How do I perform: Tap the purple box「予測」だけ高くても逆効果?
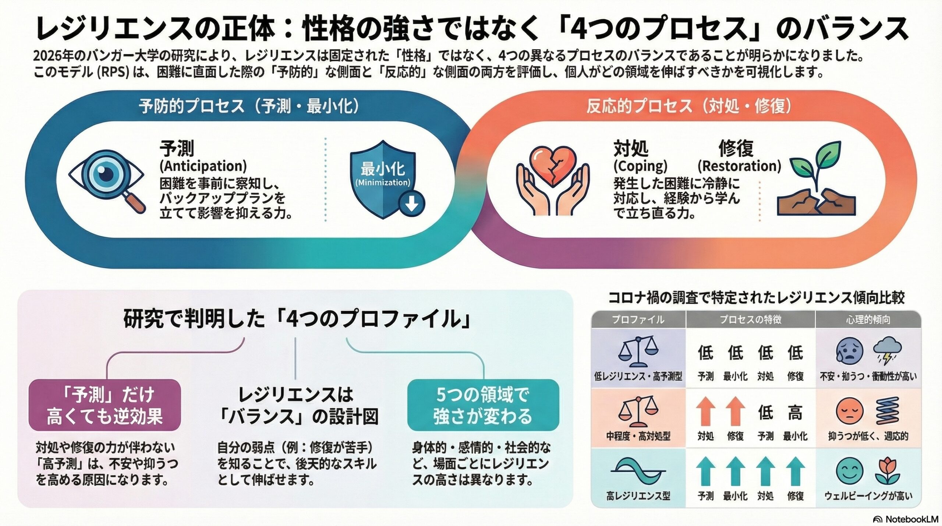(105, 405)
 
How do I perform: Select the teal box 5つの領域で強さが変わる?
(483, 405)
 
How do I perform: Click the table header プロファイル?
(638, 320)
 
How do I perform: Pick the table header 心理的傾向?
(868, 320)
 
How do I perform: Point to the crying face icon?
(849, 352)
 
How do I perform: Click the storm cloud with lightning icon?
(888, 352)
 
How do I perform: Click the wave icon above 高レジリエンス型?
(638, 471)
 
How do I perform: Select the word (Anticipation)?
(203, 166)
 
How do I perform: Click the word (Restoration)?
(739, 166)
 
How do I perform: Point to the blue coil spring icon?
(888, 411)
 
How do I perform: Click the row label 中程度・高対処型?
(638, 437)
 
